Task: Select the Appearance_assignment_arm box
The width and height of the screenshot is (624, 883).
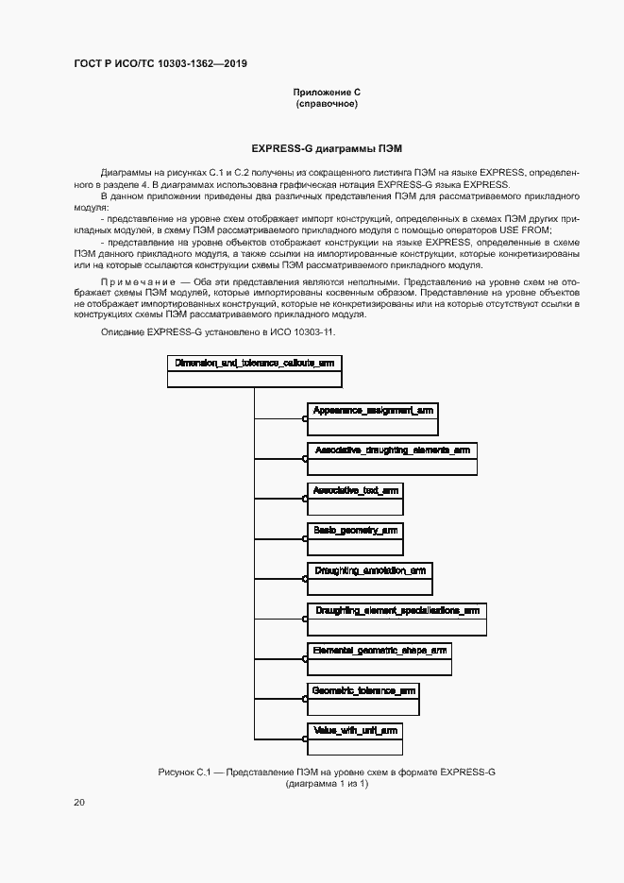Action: point(372,419)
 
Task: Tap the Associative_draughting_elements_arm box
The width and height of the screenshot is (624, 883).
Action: point(392,459)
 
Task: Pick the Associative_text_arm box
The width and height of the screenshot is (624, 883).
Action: point(356,499)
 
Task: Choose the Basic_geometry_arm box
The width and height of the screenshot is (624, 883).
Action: point(356,538)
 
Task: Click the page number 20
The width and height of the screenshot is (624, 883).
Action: point(79,803)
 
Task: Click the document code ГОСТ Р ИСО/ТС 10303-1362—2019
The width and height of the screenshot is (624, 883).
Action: point(160,63)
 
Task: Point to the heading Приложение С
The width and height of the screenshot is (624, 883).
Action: point(327,92)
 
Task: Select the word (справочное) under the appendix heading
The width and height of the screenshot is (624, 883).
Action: point(327,103)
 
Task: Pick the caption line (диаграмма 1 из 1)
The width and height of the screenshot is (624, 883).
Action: point(327,784)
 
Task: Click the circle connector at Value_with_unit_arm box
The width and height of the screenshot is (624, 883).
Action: point(305,739)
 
